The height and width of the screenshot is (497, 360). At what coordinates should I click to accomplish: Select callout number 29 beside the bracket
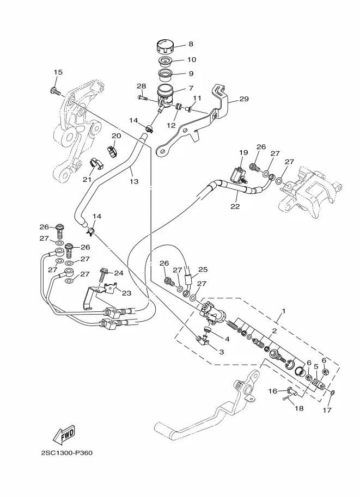[244, 99]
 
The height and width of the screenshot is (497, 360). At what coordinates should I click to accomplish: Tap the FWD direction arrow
[64, 434]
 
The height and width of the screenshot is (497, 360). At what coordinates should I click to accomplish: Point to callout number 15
[58, 72]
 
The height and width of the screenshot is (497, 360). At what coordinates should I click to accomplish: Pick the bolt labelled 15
[56, 91]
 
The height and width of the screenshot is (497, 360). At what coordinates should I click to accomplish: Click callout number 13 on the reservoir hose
[134, 181]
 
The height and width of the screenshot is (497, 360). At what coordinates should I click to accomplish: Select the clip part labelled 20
[112, 151]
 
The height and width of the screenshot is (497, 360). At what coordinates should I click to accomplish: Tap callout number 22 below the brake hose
[235, 206]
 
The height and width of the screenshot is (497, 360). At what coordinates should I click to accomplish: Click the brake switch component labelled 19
[240, 175]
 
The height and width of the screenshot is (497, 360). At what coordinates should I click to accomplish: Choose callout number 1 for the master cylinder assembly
[284, 311]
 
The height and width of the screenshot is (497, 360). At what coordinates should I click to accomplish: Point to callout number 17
[327, 410]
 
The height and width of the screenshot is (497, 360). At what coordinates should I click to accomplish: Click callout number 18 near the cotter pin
[299, 408]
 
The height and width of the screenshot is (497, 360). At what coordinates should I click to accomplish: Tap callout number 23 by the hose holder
[126, 293]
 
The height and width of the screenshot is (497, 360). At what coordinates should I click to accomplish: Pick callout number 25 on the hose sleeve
[203, 269]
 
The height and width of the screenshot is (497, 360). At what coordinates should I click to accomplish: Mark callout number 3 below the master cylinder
[222, 352]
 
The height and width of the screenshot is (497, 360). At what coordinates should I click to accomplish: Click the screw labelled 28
[142, 98]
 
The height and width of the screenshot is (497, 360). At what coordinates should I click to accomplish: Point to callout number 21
[87, 180]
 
